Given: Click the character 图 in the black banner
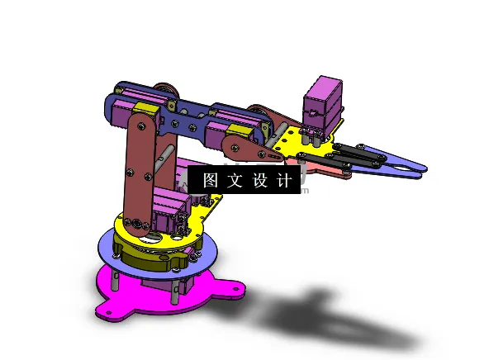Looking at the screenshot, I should click(210, 180).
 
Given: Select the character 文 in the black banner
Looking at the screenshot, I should click(234, 180).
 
